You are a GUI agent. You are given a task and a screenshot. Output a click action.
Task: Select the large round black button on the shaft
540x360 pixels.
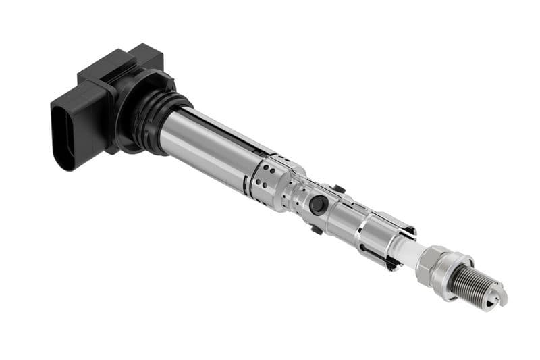click(x=318, y=205)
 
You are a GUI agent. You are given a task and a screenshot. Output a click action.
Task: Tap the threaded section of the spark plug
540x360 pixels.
click(x=472, y=282)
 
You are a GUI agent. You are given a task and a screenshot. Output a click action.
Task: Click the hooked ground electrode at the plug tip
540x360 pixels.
click(x=500, y=295)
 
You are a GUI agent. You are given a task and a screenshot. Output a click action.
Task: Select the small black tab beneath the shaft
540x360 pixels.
click(x=316, y=230)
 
